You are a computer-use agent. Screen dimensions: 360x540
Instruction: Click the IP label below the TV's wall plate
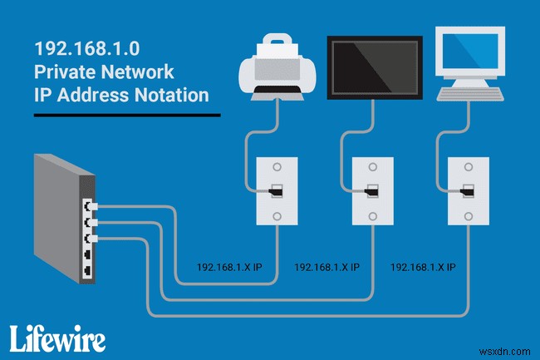coord(327,267)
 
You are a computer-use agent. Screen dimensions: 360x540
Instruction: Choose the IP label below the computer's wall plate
coord(422,267)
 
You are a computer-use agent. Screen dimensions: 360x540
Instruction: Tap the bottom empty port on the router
coord(86,272)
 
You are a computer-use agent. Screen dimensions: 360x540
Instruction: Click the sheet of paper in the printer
coord(272,44)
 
